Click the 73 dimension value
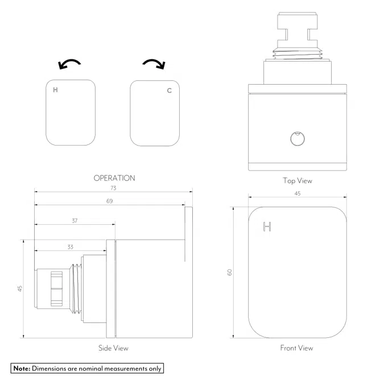[113, 188]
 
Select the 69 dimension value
[109, 201]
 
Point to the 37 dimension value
[75, 221]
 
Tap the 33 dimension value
[70, 247]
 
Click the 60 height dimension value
[230, 272]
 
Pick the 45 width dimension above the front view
[297, 193]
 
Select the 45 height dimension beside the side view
[20, 288]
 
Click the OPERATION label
[114, 178]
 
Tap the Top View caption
[297, 181]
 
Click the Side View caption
[113, 348]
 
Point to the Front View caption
[296, 348]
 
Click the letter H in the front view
[267, 227]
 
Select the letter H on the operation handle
[55, 90]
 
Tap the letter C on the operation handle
[169, 90]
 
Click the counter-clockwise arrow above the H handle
[70, 64]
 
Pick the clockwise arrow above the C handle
[154, 64]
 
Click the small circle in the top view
[297, 138]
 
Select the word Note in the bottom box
[22, 368]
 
